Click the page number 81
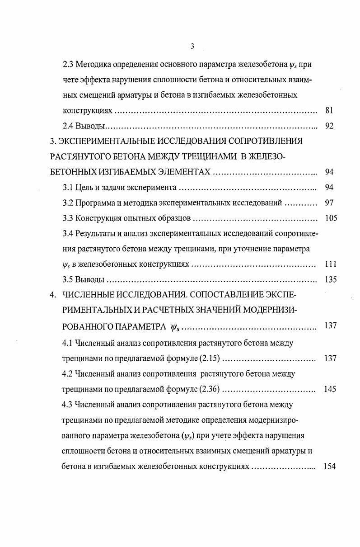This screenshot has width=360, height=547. pyautogui.click(x=329, y=110)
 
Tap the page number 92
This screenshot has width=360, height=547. pyautogui.click(x=329, y=126)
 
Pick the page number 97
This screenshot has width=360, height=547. pyautogui.click(x=329, y=203)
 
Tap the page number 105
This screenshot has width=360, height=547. pyautogui.click(x=331, y=218)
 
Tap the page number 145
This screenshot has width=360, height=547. pyautogui.click(x=330, y=389)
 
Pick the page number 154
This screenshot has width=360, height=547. pyautogui.click(x=330, y=466)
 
